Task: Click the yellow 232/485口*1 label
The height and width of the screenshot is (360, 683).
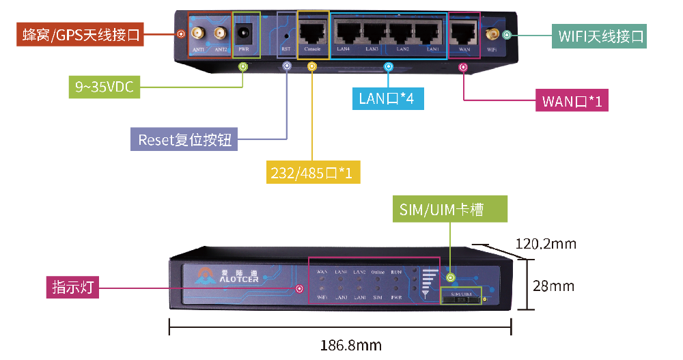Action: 313,172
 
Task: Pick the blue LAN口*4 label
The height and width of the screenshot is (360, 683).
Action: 387,98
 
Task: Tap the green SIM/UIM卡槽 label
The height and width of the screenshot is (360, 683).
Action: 450,210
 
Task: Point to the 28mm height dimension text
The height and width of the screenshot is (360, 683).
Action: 553,286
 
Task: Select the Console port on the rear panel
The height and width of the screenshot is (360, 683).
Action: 313,31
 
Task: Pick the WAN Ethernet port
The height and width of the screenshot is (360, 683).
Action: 464,31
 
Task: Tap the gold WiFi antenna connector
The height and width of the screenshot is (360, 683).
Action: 491,33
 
